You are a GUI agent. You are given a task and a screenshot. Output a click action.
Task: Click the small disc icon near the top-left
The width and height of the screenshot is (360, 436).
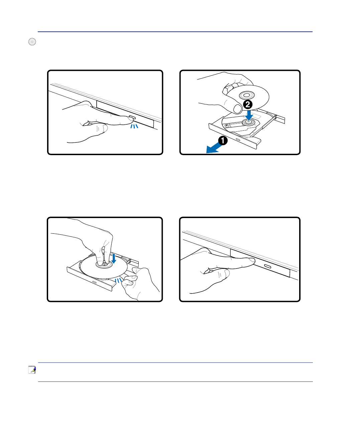32,42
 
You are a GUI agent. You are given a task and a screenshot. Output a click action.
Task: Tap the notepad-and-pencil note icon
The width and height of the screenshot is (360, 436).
32,369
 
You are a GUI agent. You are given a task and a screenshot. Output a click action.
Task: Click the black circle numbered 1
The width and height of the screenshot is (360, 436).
223,140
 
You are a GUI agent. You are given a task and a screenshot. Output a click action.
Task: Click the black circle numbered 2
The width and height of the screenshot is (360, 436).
248,104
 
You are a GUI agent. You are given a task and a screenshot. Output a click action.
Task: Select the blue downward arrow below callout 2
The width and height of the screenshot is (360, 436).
249,115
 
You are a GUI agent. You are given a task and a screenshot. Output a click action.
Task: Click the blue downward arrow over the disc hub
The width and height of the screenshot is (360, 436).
114,258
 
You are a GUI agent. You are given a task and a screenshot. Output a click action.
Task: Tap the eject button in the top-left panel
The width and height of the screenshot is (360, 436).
132,117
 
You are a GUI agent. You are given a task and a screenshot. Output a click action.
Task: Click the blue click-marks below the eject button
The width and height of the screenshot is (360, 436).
134,126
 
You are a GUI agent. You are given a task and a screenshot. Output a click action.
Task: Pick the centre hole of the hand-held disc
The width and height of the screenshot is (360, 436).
247,95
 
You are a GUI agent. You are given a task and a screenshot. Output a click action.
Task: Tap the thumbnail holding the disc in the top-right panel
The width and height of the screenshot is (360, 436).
237,108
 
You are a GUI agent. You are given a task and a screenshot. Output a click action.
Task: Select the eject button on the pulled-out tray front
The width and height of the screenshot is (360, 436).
238,139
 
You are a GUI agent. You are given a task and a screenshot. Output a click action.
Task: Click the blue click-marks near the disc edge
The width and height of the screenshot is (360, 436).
118,280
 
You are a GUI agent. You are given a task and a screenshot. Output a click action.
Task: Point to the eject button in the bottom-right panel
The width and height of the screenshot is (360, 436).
267,266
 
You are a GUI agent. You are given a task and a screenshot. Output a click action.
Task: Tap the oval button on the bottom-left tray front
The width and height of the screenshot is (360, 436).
94,282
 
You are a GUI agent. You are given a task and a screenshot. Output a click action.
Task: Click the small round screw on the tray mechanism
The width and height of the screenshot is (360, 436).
227,125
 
